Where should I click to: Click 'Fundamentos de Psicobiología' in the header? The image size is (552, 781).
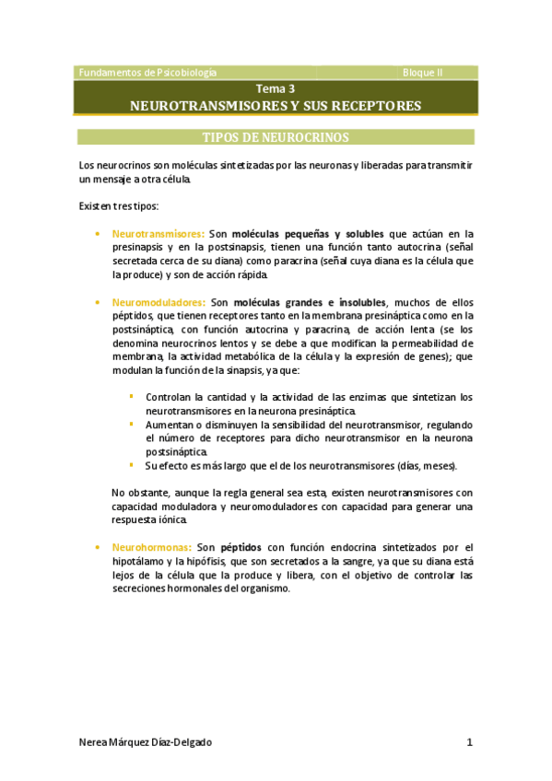tap(148, 72)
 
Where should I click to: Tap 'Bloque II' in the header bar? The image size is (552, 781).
tap(423, 72)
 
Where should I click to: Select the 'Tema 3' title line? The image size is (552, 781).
tap(276, 89)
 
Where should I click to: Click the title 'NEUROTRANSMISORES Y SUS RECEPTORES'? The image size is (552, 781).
tap(276, 106)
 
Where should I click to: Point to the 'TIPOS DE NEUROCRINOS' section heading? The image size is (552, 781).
tap(276, 138)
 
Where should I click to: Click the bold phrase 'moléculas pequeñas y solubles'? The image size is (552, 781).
tap(309, 234)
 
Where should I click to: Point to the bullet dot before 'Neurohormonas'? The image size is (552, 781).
tap(99, 547)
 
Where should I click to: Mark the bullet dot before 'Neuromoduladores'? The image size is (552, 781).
tap(99, 301)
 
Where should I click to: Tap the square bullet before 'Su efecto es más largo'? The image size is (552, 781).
tap(131, 464)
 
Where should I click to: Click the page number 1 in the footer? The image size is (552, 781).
tap(469, 742)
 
